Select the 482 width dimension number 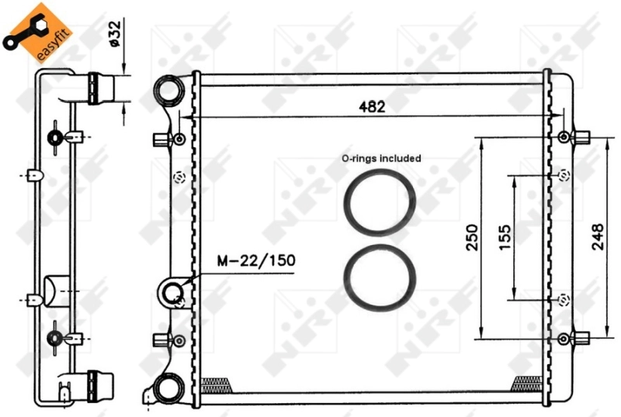(372, 107)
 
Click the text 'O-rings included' (381, 158)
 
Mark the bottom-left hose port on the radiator (167, 387)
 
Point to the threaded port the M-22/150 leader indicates (172, 293)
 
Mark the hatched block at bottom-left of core (217, 381)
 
